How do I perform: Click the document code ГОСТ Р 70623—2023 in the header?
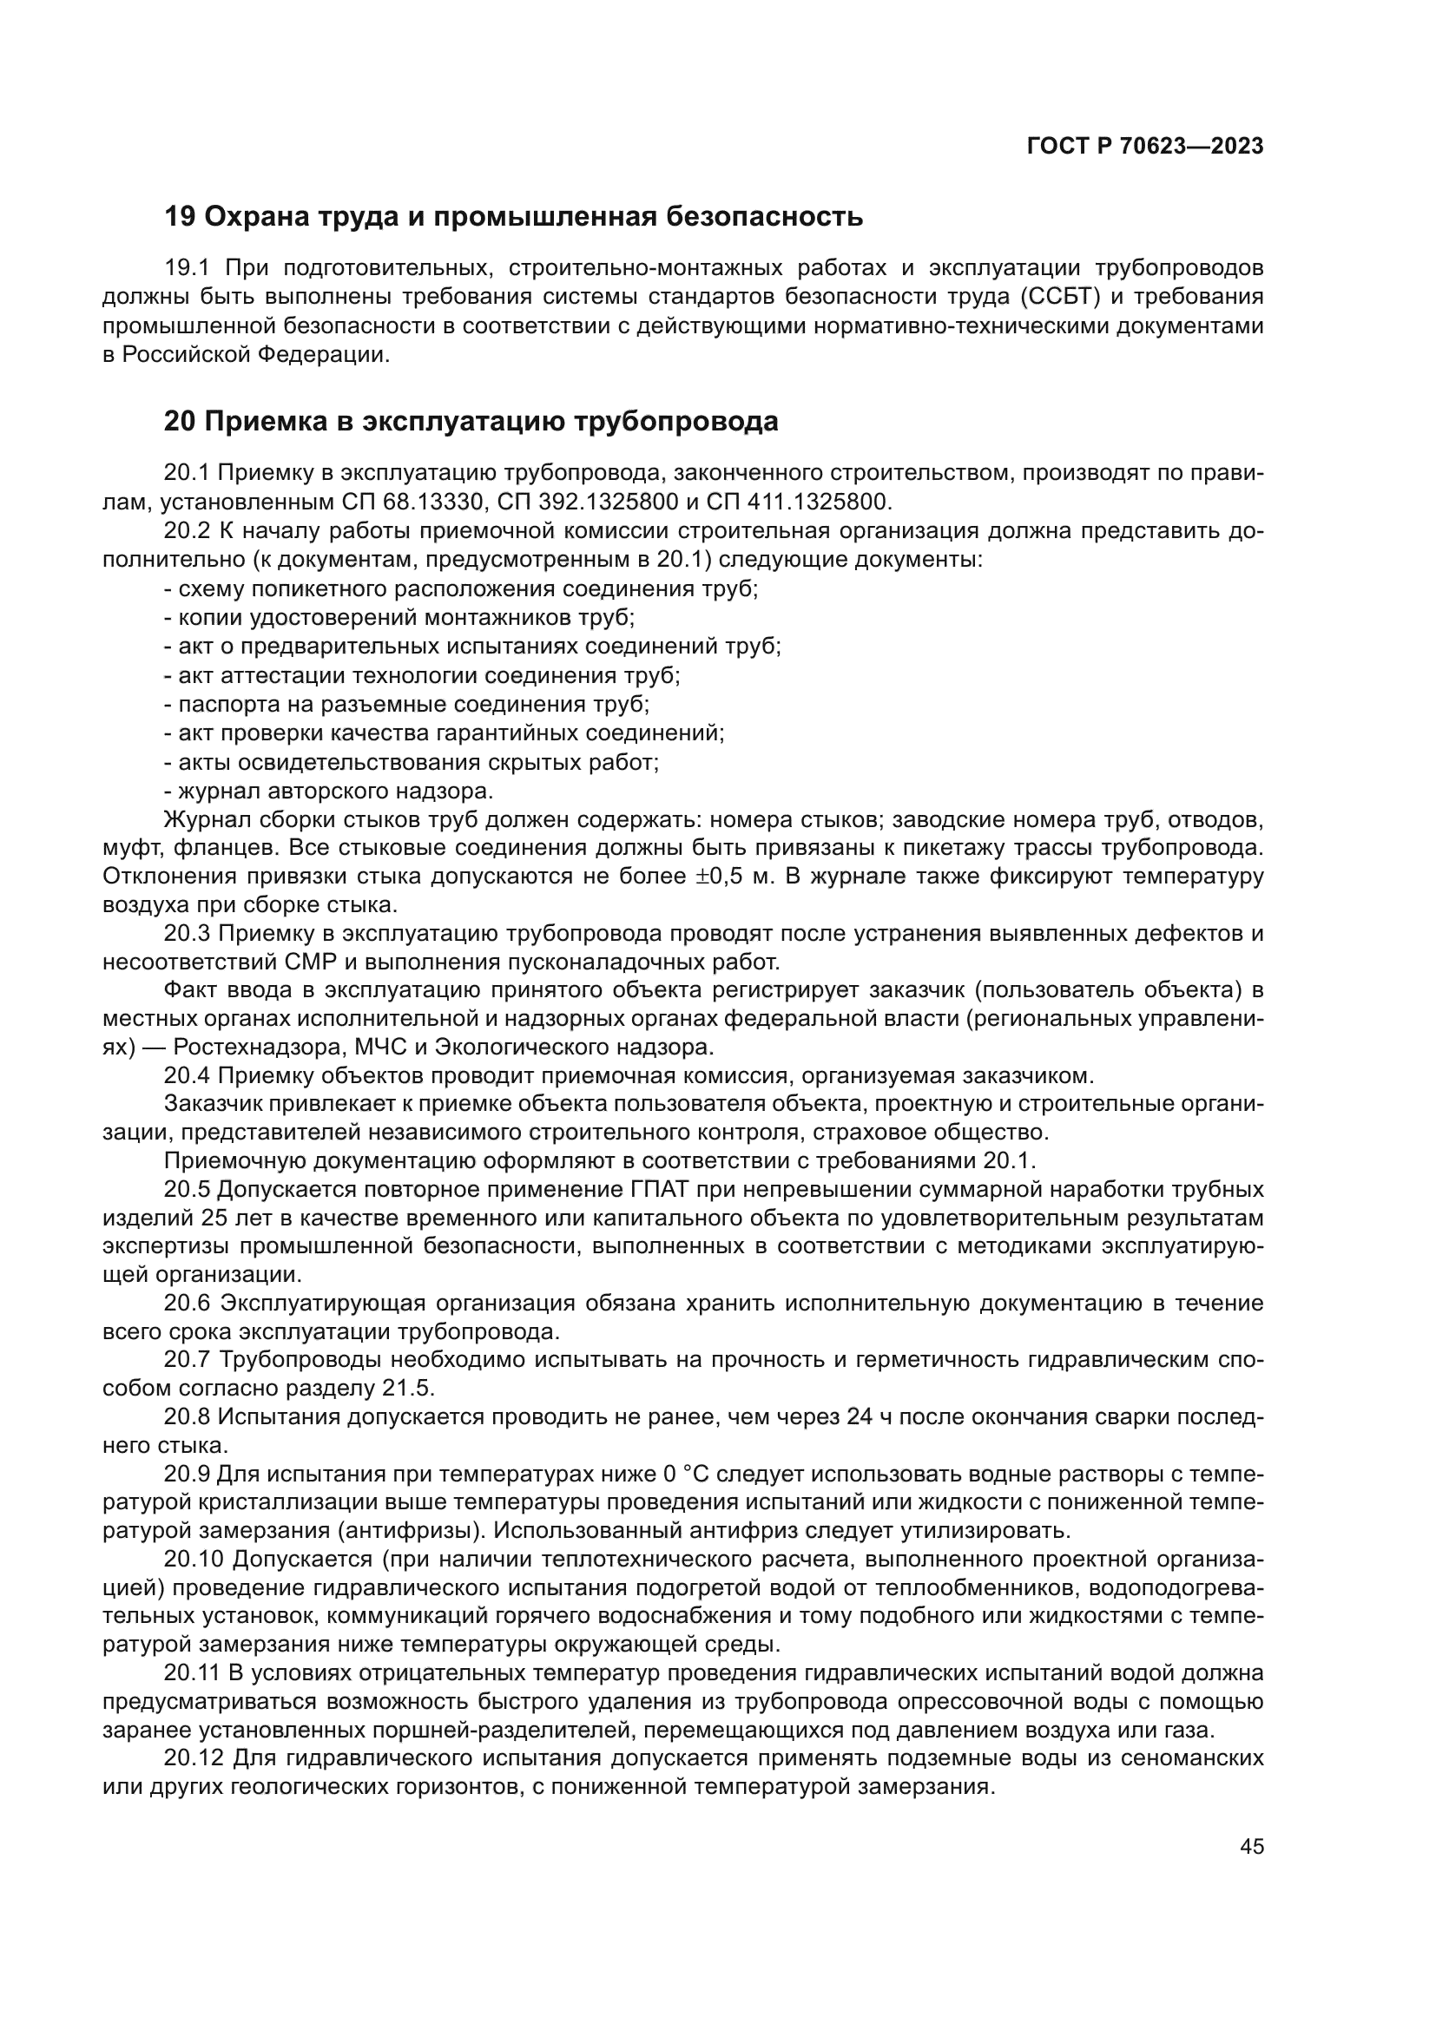coord(1144,147)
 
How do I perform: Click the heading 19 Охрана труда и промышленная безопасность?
coord(513,216)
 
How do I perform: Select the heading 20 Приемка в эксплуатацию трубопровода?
coord(471,422)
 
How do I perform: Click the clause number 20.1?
coord(188,473)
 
